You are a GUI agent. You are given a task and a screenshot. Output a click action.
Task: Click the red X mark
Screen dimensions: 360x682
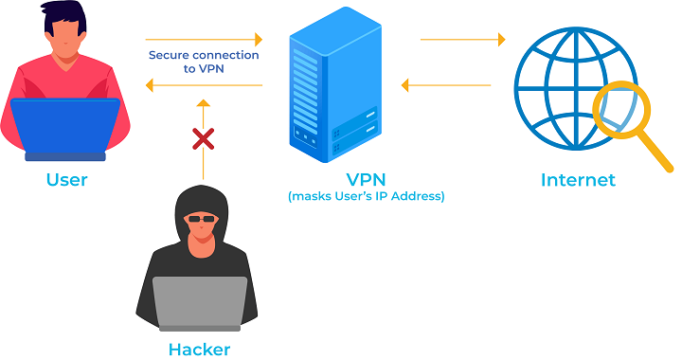203,140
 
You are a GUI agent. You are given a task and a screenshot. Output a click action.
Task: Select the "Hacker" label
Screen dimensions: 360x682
199,348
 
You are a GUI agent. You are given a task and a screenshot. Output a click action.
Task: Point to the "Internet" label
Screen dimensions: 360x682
578,179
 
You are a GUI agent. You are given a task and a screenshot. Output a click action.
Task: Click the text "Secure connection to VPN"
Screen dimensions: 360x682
204,63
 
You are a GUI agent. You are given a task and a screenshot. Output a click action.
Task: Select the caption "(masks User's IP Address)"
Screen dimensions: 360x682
366,197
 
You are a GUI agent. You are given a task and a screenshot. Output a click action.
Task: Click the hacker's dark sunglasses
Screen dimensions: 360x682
199,219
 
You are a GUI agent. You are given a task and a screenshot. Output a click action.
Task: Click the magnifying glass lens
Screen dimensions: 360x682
619,110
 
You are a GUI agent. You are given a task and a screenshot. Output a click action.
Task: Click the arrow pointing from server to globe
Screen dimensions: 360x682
462,40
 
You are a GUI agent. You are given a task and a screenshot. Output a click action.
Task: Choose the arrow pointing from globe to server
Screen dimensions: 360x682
445,86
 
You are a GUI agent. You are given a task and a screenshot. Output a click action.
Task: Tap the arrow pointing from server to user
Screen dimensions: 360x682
204,86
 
